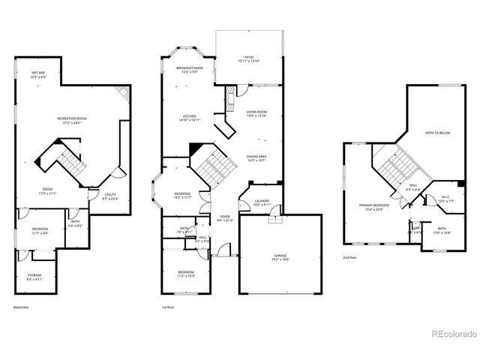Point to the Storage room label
pyautogui.click(x=35, y=276)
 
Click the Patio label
pyautogui.click(x=247, y=58)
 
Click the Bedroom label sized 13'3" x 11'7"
pyautogui.click(x=183, y=196)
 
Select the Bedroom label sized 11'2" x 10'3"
pyautogui.click(x=186, y=273)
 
